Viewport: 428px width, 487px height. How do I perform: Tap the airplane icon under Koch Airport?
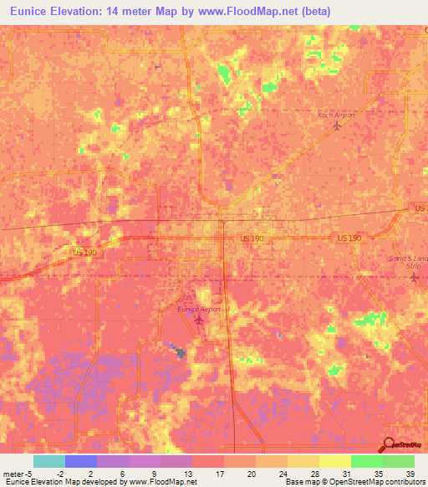pos(337,126)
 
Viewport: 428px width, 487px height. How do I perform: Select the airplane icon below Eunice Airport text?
pos(199,319)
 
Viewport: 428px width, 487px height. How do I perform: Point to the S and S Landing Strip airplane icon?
pos(413,277)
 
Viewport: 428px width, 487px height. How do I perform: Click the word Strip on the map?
pos(417,267)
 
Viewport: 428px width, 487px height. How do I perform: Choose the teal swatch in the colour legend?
pos(48,461)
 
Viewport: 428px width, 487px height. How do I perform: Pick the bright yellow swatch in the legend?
pos(334,461)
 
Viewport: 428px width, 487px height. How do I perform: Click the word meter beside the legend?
pos(13,474)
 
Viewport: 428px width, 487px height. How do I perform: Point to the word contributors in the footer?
pos(405,482)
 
